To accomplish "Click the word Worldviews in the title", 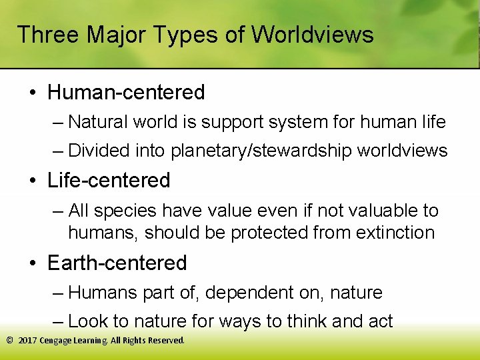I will pyautogui.click(x=313, y=35).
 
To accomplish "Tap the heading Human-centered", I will pyautogui.click(x=126, y=92).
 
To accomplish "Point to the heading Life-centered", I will pyautogui.click(x=109, y=180).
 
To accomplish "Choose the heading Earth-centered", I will pyautogui.click(x=117, y=263).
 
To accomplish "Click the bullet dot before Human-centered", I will pyautogui.click(x=33, y=93).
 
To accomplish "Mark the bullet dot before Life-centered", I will pyautogui.click(x=33, y=181).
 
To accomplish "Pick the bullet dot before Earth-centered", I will pyautogui.click(x=33, y=263).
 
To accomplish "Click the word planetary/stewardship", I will pyautogui.click(x=262, y=151).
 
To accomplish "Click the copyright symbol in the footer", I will pyautogui.click(x=9, y=340).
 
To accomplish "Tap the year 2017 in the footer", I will pyautogui.click(x=28, y=340).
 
